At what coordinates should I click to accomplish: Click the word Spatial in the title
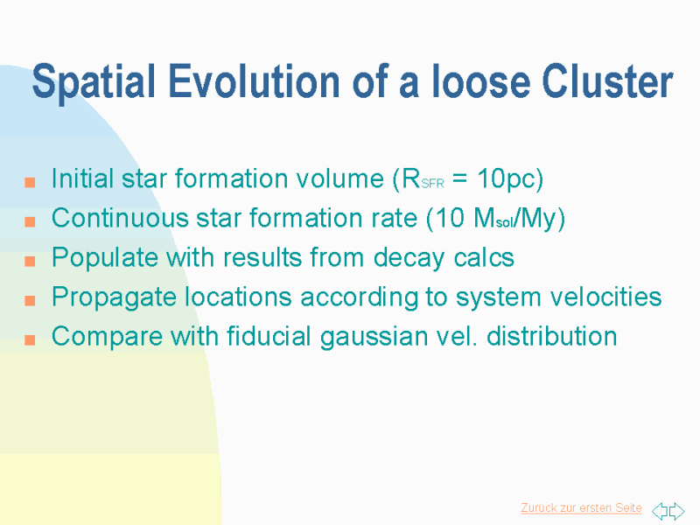tap(94, 81)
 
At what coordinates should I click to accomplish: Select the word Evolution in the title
tap(254, 80)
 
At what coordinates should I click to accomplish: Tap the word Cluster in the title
tap(607, 80)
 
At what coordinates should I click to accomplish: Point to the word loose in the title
tap(479, 80)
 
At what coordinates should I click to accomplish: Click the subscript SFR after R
tap(432, 184)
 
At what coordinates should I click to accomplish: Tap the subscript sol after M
tap(505, 222)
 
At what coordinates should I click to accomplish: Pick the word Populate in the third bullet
tap(105, 258)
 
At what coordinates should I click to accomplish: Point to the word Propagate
tap(115, 297)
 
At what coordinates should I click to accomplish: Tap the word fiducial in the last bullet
tap(269, 336)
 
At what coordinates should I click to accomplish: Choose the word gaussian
tap(374, 337)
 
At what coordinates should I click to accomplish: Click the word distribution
tap(552, 336)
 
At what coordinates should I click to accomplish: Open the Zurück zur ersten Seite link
tap(581, 508)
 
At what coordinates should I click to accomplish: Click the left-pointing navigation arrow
tap(660, 511)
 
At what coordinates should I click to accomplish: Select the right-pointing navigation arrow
tap(676, 511)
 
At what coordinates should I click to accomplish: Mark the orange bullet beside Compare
tap(30, 340)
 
